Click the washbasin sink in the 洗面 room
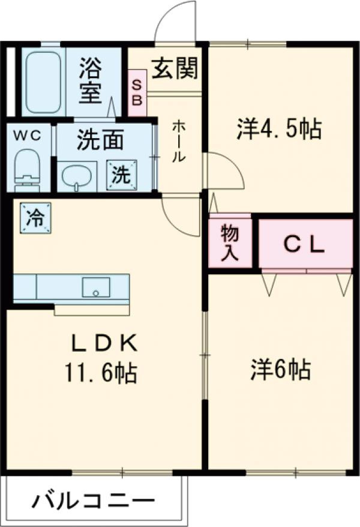[77, 175]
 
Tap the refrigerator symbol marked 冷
[35, 217]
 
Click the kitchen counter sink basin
[95, 287]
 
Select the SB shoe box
[137, 93]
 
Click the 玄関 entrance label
[174, 70]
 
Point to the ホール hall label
[179, 142]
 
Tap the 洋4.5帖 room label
[279, 128]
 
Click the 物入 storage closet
[230, 242]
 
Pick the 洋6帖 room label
[280, 369]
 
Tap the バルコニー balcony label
[93, 499]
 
